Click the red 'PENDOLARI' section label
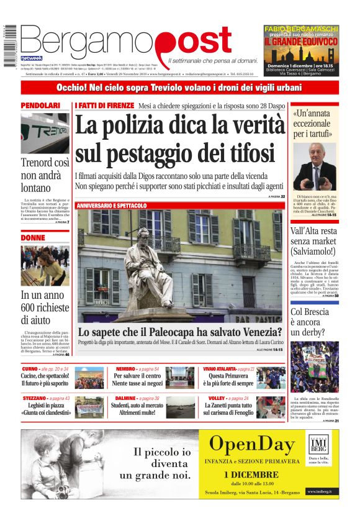tap(41, 106)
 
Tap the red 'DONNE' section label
tap(33, 237)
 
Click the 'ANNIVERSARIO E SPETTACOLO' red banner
tap(112, 205)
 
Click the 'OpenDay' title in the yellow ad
tap(251, 444)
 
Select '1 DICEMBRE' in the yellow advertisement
tap(252, 474)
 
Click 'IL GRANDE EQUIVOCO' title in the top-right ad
tap(301, 44)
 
